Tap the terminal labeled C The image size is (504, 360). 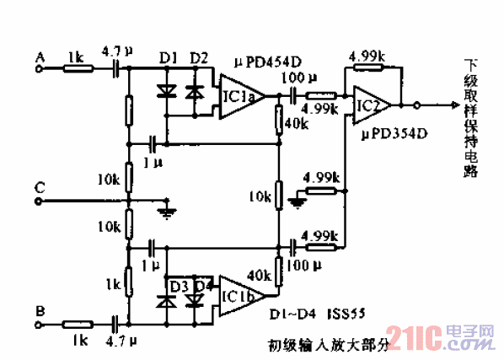tap(40, 201)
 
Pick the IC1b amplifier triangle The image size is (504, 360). tap(239, 296)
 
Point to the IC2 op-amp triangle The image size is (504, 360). tap(369, 105)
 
